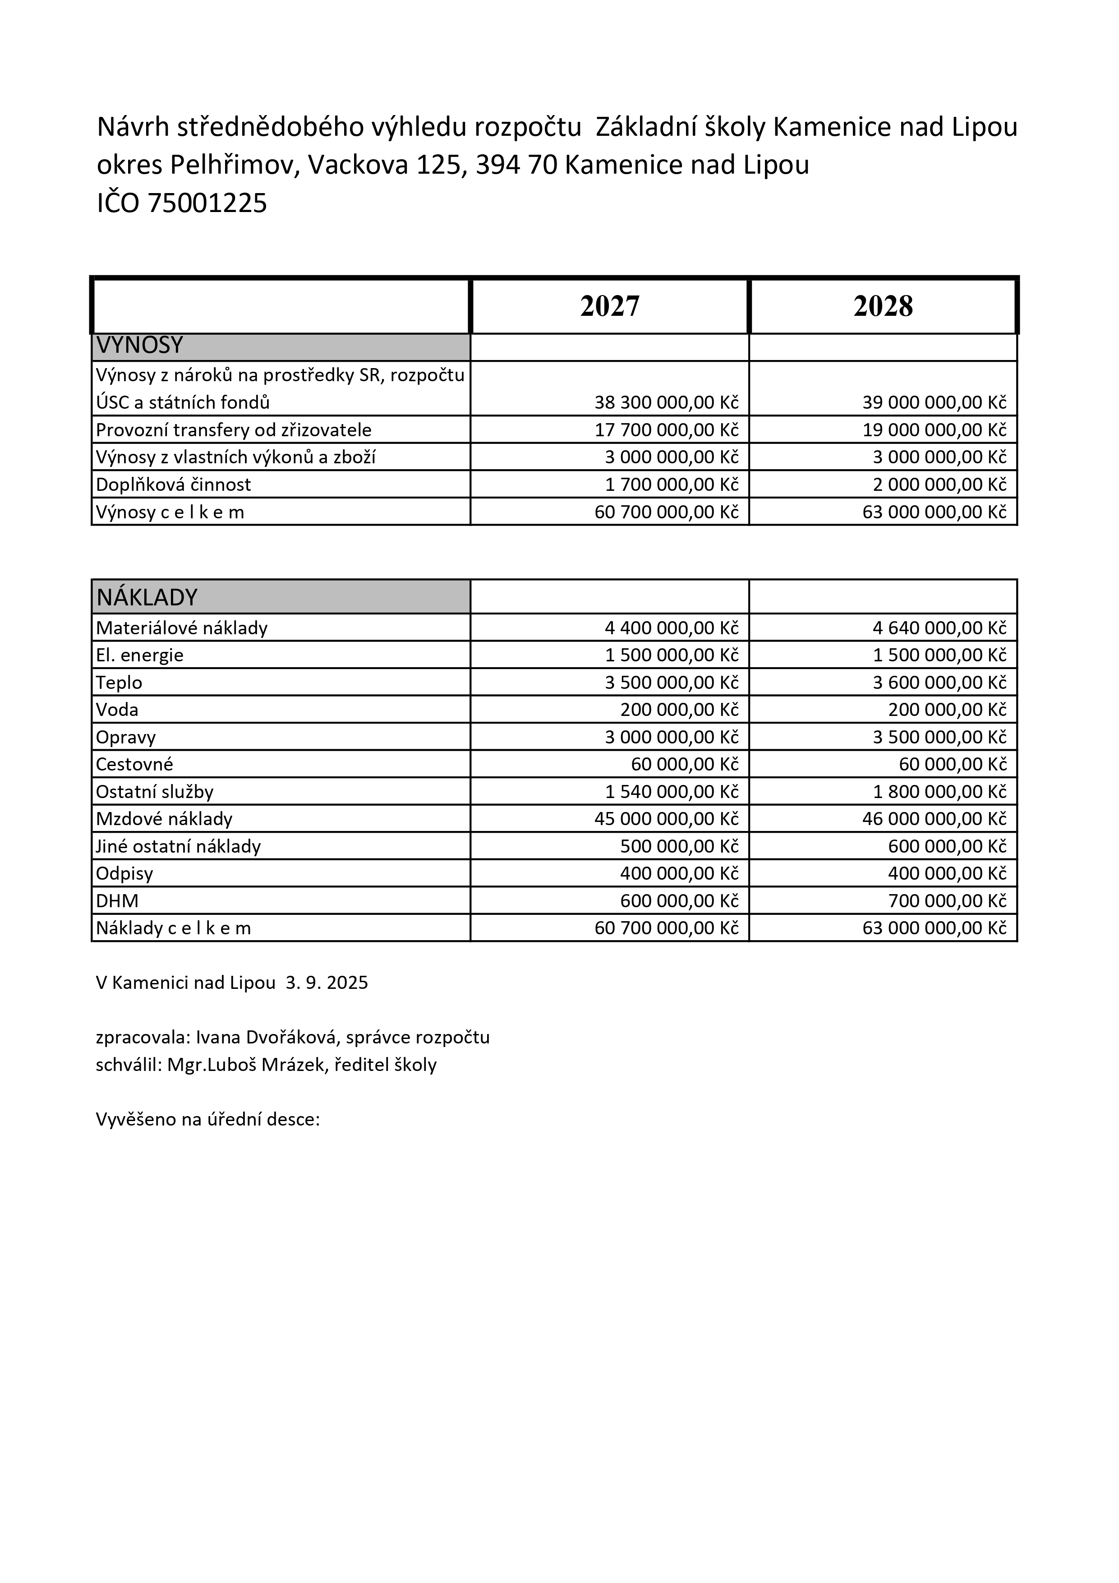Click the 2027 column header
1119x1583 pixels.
[x=609, y=306]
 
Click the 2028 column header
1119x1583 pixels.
[x=883, y=306]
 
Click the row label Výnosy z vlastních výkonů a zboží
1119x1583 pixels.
[x=236, y=457]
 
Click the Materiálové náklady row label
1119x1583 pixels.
[x=181, y=628]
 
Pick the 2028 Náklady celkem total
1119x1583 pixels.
[x=934, y=928]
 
